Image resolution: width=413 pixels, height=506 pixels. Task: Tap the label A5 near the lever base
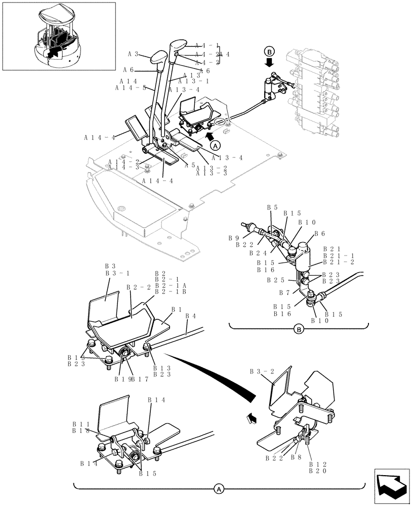point(189,165)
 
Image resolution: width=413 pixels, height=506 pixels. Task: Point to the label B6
point(319,234)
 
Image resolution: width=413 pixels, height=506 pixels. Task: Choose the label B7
point(284,292)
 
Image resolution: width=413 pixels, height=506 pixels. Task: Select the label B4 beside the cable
point(191,316)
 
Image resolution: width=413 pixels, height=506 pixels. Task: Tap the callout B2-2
point(139,287)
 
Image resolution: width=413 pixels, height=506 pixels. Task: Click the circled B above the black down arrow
point(269,51)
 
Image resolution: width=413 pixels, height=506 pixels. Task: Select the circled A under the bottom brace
point(219,489)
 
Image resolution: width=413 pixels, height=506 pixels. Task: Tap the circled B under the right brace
point(299,330)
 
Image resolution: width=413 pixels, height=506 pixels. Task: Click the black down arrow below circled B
point(269,62)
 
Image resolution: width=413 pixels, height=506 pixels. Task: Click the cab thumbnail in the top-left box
point(59,36)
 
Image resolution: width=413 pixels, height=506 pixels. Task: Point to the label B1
point(177,309)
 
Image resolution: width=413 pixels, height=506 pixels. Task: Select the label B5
point(272,207)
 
